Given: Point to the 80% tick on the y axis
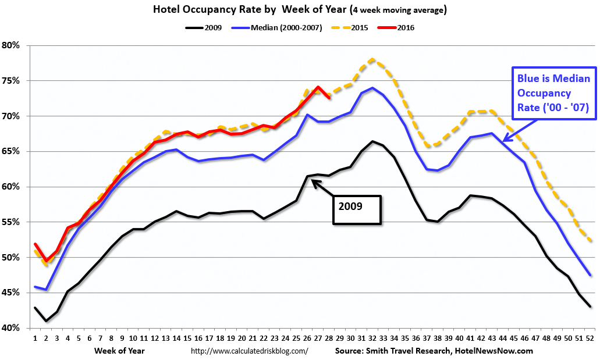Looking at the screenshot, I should [12, 45].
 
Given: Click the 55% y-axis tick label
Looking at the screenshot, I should [12, 222].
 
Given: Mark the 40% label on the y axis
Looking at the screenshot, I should [12, 328].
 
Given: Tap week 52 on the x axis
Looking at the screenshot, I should [590, 337].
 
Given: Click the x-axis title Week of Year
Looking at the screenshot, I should [119, 351].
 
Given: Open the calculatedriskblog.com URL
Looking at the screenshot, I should [250, 351].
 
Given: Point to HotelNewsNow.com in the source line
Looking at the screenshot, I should [496, 351].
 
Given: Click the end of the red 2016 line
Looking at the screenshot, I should [329, 98].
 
